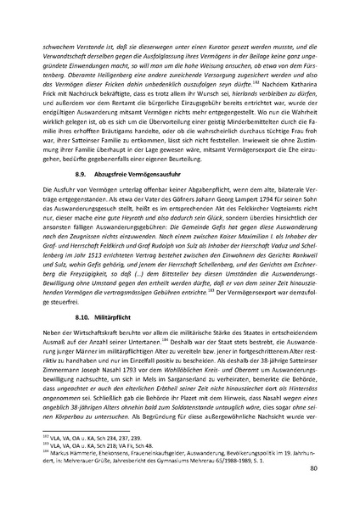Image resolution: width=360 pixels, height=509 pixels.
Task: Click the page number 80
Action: click(315, 467)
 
